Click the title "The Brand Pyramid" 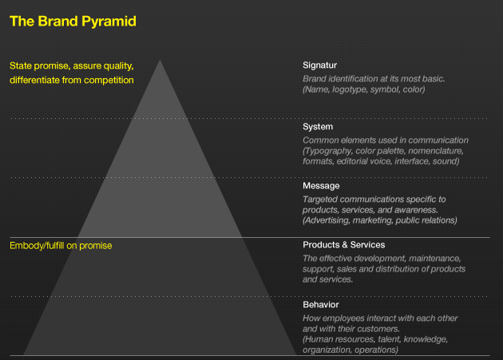point(73,22)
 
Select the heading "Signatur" point(319,65)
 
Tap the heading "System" point(318,127)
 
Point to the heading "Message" point(321,186)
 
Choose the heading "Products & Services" point(343,245)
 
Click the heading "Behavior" point(321,304)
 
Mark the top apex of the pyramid point(160,60)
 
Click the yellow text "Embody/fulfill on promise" point(61,246)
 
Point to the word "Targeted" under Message point(320,200)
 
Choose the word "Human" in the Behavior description point(317,339)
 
